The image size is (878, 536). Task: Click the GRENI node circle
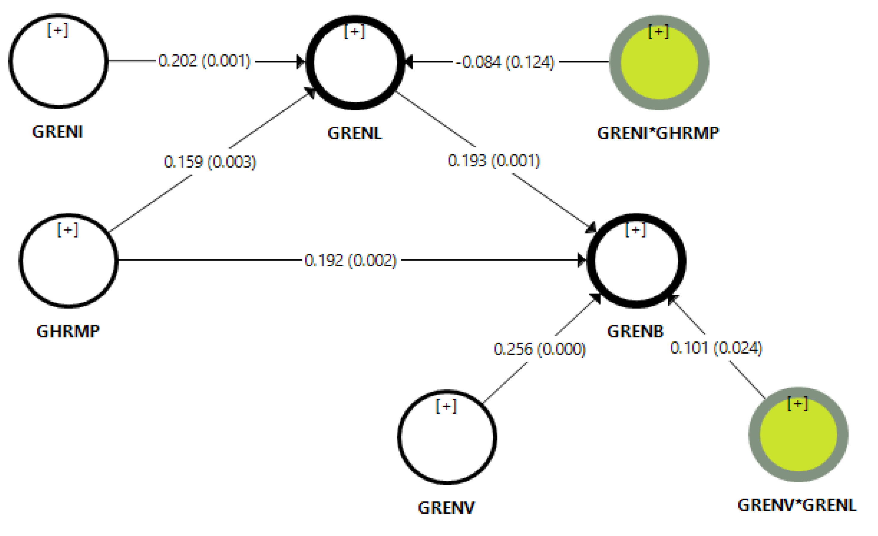58,61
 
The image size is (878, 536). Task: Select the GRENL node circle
355,63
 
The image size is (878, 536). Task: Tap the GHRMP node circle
69,261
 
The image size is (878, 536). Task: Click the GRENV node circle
447,437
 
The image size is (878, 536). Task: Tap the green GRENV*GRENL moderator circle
798,435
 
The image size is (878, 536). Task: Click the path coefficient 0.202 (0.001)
205,61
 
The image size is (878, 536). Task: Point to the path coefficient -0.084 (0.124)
505,62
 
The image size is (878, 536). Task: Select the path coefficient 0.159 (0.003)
210,162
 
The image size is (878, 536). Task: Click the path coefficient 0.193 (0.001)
494,161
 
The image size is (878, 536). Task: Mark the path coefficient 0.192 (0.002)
351,260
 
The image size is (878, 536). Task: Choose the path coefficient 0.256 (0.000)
540,349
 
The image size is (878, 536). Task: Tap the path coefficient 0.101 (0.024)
716,348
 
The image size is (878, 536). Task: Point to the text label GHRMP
68,331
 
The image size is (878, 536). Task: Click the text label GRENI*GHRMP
658,133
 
